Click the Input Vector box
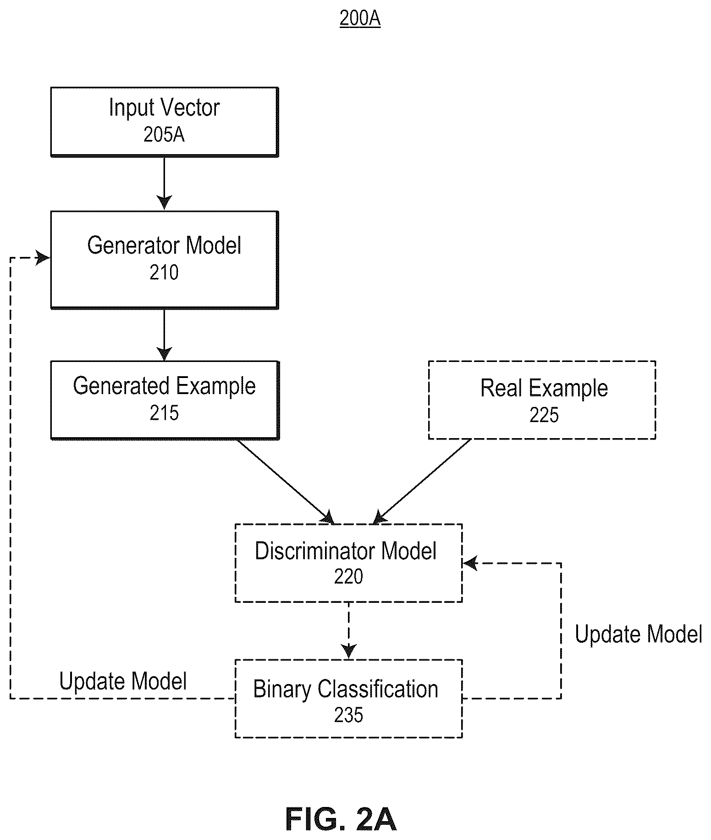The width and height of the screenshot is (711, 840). coord(165,122)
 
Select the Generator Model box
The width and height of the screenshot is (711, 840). coord(165,260)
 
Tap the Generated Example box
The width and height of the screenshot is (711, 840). coord(165,400)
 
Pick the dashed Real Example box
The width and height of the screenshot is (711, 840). coord(542,400)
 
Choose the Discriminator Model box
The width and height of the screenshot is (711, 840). coord(348,563)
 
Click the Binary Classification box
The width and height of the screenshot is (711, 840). coord(348,699)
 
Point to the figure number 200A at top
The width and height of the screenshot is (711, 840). coord(360,19)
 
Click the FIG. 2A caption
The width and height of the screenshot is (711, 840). coord(341,819)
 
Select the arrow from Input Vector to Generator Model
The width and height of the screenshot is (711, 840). coord(164,184)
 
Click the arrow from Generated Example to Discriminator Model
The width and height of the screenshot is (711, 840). coord(286,482)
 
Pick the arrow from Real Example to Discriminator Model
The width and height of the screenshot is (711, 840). coord(422,482)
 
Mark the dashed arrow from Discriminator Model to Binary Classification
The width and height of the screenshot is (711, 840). coord(349,631)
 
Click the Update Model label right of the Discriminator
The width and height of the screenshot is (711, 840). coord(639,634)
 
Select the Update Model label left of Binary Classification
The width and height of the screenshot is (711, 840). coord(123,681)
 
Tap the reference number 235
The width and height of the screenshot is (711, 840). coord(348,715)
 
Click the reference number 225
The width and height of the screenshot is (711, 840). coord(544,415)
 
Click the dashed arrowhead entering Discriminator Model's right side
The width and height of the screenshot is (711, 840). coord(470,563)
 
